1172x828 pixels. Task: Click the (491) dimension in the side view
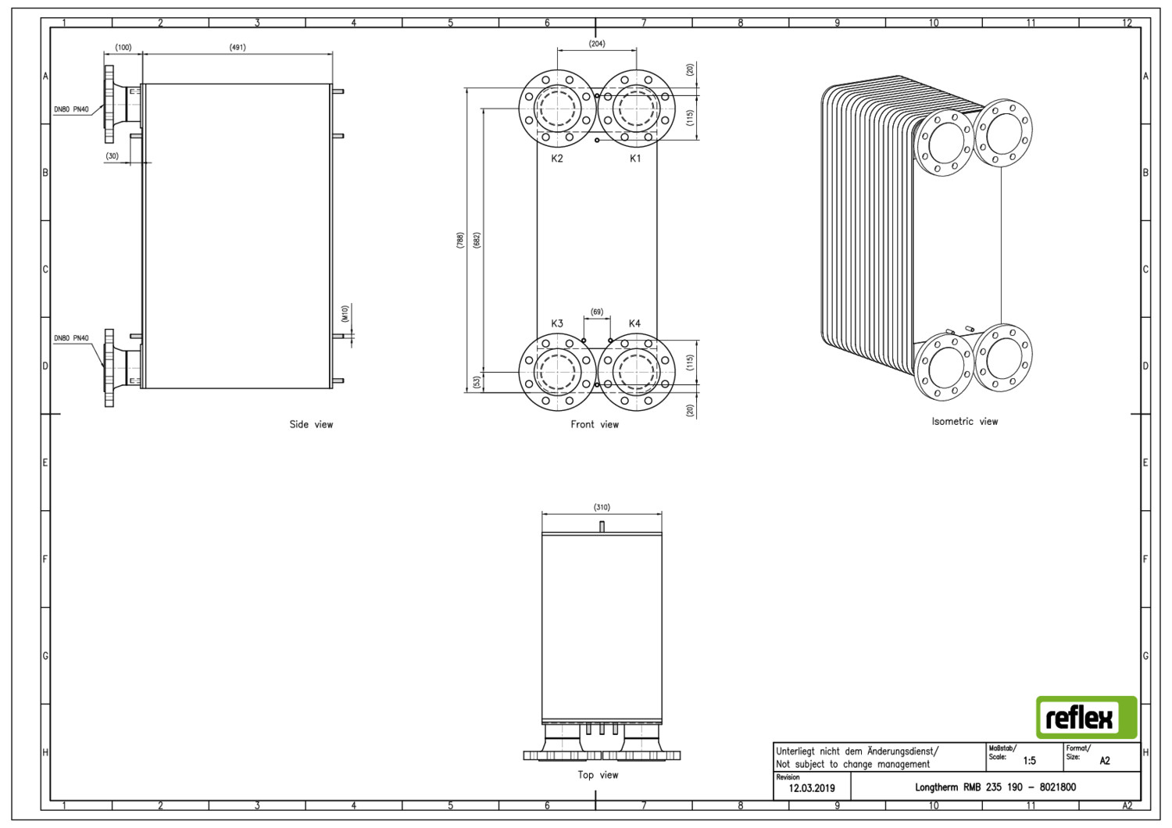238,48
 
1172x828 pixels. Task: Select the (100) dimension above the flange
123,48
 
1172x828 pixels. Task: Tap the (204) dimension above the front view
597,44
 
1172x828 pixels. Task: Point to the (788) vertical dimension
460,240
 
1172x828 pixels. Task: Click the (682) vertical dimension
477,240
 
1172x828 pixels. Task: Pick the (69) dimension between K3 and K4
597,312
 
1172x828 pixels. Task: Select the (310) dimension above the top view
602,508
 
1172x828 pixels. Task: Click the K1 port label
635,159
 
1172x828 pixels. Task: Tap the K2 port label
557,159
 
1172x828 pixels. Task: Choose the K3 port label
557,323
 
